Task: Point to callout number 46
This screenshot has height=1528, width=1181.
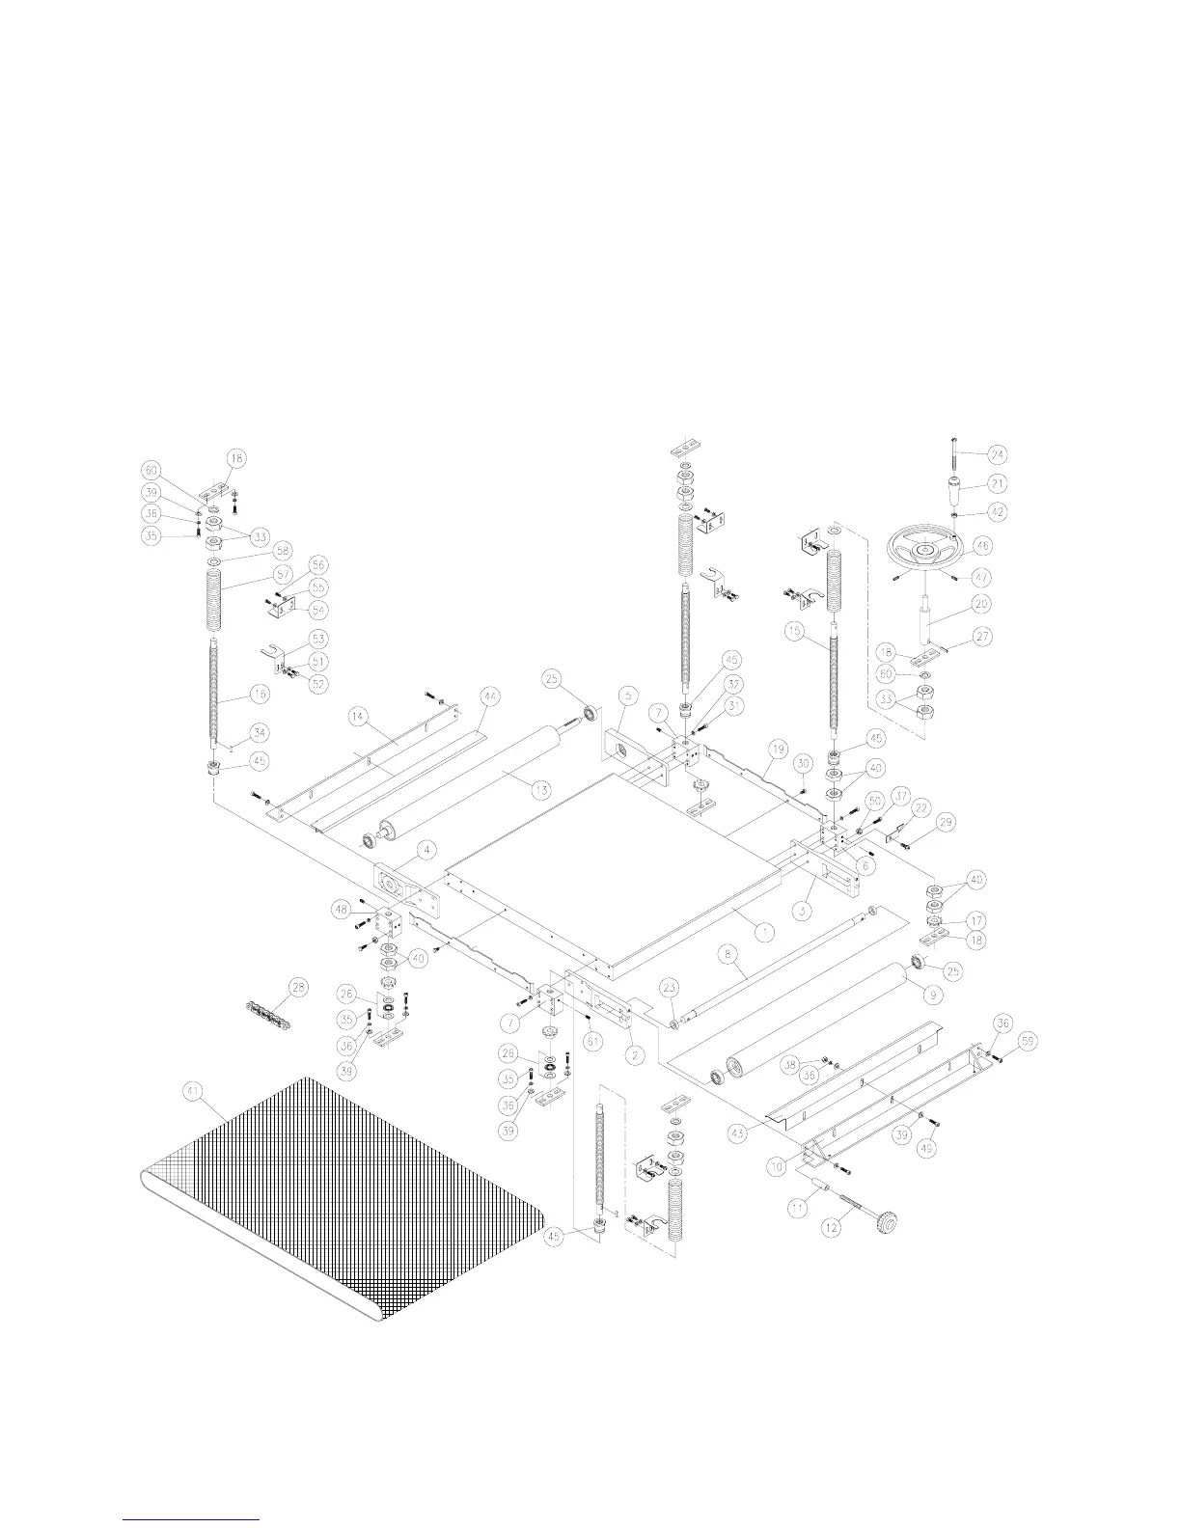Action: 982,545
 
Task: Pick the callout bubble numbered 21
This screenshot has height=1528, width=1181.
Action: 997,484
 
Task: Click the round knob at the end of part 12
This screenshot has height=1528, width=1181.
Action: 886,1225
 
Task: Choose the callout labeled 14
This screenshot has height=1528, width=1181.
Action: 357,717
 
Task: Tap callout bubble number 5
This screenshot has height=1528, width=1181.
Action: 626,694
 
